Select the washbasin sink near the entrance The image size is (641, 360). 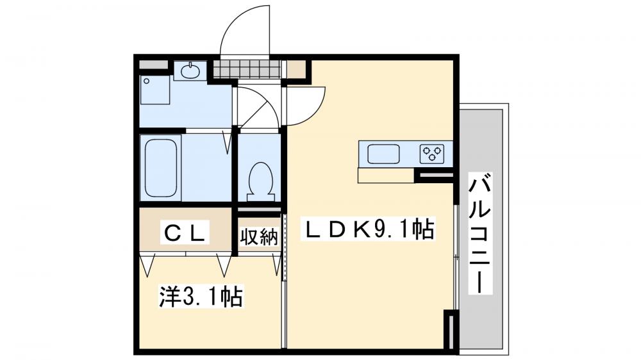tap(190, 71)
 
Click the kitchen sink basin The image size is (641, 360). tap(383, 154)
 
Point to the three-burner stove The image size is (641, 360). tap(431, 153)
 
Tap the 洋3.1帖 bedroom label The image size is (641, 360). tap(200, 296)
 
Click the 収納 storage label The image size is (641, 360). tap(259, 236)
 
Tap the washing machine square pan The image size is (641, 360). tap(155, 90)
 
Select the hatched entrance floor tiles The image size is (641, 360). tap(246, 68)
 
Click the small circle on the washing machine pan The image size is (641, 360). tap(147, 81)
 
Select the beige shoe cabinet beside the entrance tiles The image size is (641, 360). tap(296, 68)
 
